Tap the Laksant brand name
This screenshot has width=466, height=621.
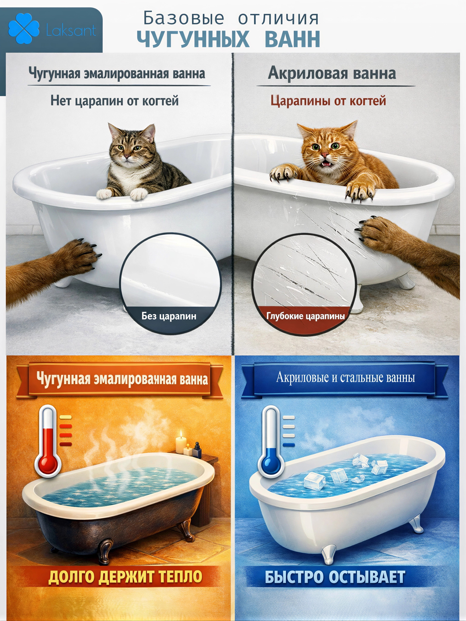(x=71, y=30)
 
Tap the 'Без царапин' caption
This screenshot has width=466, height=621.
(x=169, y=316)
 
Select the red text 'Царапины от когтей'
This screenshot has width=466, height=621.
(x=328, y=101)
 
